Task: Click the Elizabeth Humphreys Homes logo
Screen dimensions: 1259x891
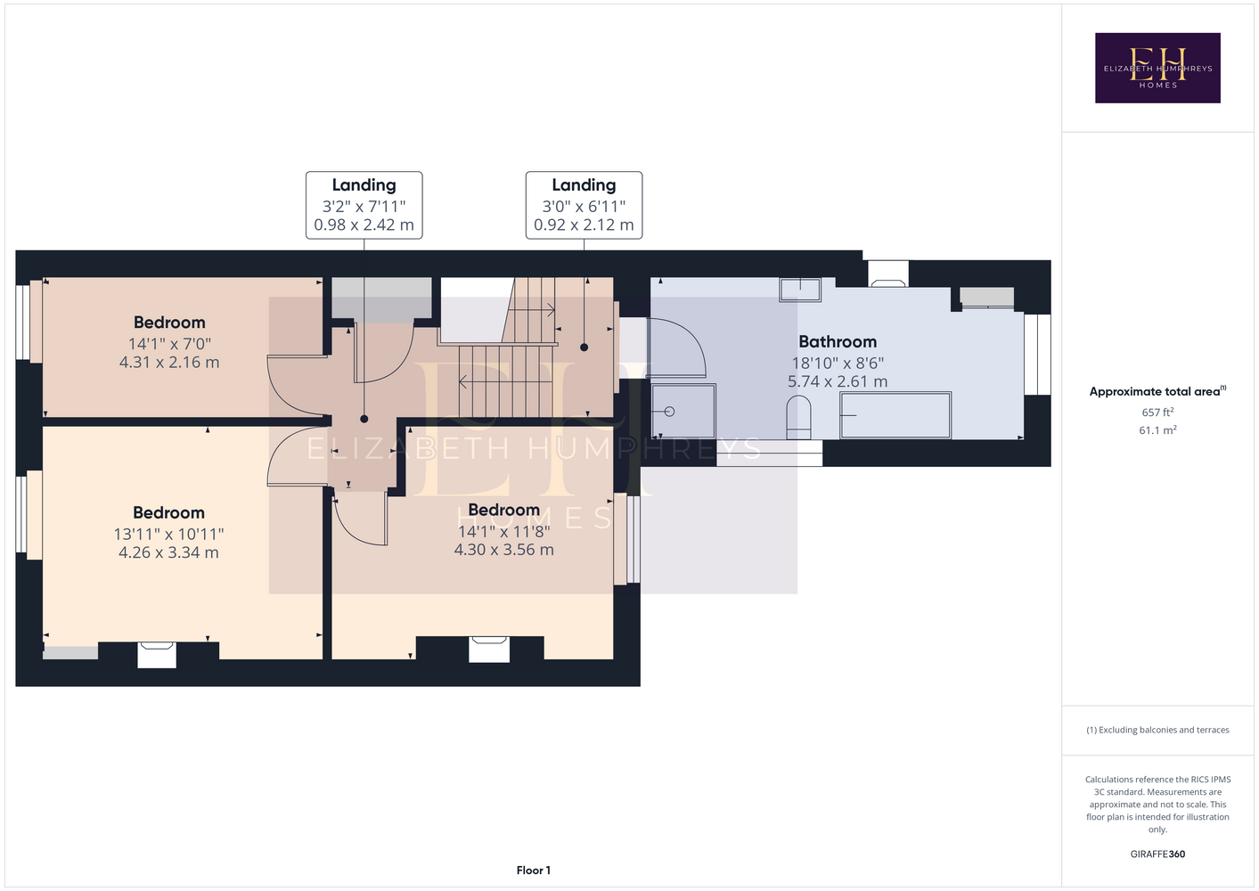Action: coord(1157,68)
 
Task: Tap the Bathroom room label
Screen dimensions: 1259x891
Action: coord(838,342)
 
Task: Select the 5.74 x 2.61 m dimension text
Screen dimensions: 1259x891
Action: coord(838,381)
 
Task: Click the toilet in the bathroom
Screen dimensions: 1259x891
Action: coord(798,417)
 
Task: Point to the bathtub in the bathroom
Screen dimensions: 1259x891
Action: coord(895,415)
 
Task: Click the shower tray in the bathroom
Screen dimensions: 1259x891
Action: coord(683,411)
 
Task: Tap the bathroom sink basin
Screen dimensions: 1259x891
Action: coord(800,290)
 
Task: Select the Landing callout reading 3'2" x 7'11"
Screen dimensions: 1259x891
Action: coord(364,205)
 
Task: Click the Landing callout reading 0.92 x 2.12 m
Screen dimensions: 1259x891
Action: coord(584,205)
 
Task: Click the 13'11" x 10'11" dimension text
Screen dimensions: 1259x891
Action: coord(168,534)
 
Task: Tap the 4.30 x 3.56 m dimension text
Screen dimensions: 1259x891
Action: coord(504,549)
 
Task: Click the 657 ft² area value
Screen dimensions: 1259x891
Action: coord(1157,412)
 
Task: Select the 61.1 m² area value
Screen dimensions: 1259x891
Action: coord(1157,430)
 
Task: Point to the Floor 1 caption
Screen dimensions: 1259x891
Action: coord(534,871)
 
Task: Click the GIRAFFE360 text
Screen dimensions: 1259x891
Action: coord(1157,854)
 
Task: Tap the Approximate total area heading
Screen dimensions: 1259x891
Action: coord(1157,391)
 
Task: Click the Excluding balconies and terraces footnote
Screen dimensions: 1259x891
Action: coord(1157,730)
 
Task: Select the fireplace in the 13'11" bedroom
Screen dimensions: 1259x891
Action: coord(157,655)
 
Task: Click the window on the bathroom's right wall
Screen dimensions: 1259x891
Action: coord(1037,354)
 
